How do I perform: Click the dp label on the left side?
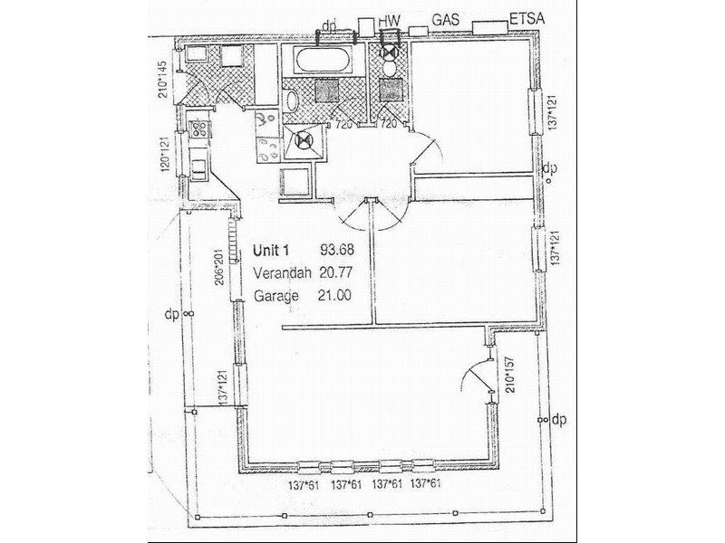[x=171, y=314]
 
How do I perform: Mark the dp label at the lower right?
[x=558, y=419]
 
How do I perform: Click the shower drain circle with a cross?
[x=304, y=140]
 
